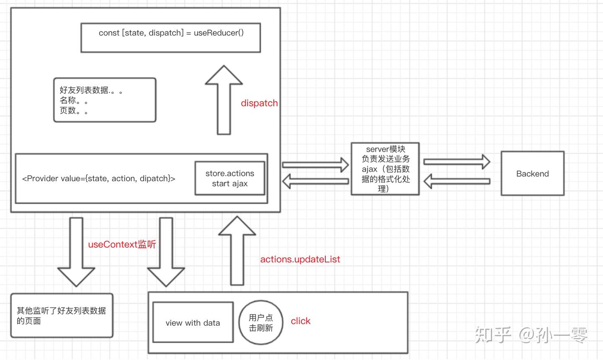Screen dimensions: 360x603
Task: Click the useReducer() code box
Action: pyautogui.click(x=170, y=38)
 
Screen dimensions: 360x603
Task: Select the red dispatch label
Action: pyautogui.click(x=259, y=103)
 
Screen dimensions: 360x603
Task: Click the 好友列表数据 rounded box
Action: pyautogui.click(x=105, y=100)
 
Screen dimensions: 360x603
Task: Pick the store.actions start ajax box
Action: pyautogui.click(x=229, y=178)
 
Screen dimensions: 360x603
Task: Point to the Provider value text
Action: pyautogui.click(x=98, y=179)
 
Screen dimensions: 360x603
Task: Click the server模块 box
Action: pyautogui.click(x=385, y=169)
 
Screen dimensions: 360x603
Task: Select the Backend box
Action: pyautogui.click(x=532, y=174)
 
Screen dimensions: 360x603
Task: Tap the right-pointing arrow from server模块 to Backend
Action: pyautogui.click(x=457, y=162)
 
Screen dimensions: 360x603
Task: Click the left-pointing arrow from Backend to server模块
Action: pyautogui.click(x=457, y=181)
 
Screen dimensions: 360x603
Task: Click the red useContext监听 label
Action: pyautogui.click(x=122, y=244)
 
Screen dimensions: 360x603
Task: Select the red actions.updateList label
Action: pyautogui.click(x=300, y=260)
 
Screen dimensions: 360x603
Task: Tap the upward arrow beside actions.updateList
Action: pyautogui.click(x=237, y=251)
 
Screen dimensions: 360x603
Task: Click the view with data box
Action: pyautogui.click(x=193, y=322)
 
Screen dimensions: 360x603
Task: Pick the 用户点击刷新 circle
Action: pyautogui.click(x=261, y=323)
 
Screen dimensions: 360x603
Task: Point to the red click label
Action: pyautogui.click(x=301, y=321)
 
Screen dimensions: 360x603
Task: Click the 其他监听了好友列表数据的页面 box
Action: pyautogui.click(x=62, y=316)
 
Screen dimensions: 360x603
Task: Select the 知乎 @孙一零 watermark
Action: pyautogui.click(x=531, y=335)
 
